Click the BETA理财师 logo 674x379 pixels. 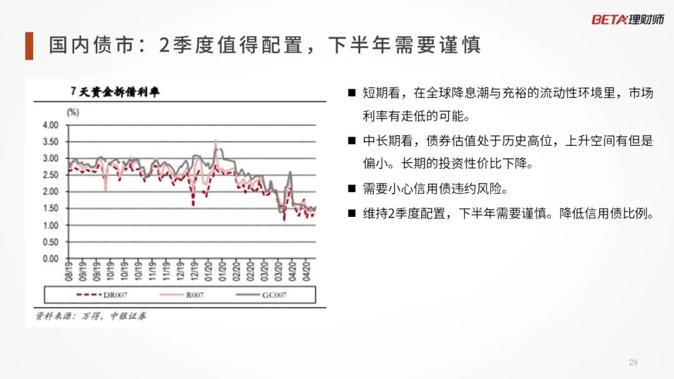click(628, 19)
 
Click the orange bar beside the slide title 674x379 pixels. click(29, 46)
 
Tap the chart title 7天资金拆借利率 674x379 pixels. click(115, 92)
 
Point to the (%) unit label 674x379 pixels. click(72, 112)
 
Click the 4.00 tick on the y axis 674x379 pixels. click(51, 125)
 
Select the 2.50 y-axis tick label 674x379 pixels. click(51, 175)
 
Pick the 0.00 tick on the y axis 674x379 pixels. click(51, 259)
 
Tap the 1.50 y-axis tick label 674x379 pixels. click(51, 209)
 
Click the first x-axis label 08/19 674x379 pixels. click(69, 271)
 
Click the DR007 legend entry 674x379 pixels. click(102, 295)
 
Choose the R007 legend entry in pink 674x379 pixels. click(182, 295)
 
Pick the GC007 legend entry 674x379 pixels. click(261, 295)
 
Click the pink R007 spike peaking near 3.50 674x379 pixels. click(216, 141)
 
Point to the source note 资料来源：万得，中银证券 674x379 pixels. click(90, 316)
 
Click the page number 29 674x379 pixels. click(633, 363)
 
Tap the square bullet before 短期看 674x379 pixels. click(351, 93)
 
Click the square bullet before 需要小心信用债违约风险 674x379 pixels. click(351, 188)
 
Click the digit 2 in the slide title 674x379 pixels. click(164, 45)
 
